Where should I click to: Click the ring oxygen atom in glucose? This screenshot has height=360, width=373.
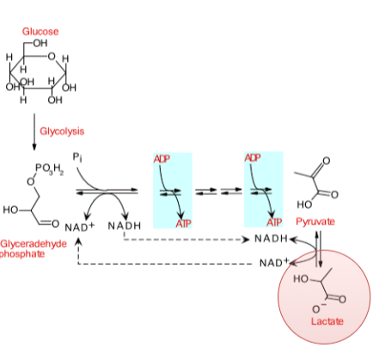coord(53,58)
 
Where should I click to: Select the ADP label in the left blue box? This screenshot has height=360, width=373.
coord(162,159)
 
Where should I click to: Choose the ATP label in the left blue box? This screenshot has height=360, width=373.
coord(183,223)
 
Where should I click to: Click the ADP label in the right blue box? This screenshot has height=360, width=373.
coord(253,158)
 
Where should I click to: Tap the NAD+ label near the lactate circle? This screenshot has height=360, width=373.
coord(273,262)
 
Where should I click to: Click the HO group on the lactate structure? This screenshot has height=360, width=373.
coord(300,279)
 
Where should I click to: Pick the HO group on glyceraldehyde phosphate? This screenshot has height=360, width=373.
coord(13,209)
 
